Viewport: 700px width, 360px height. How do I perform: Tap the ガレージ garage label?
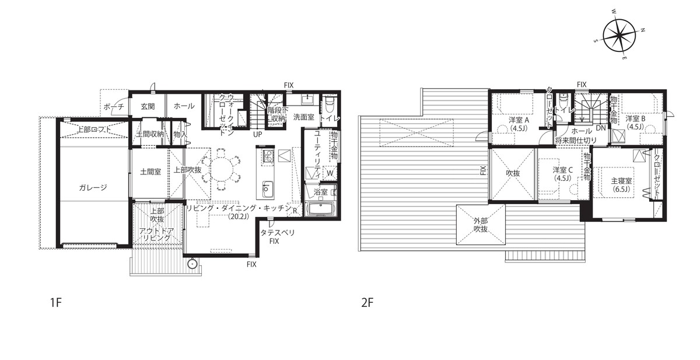click(93, 187)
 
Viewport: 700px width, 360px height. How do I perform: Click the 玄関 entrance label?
click(148, 107)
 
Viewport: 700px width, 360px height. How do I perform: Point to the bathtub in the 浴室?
click(321, 208)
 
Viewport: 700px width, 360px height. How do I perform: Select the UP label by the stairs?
click(257, 134)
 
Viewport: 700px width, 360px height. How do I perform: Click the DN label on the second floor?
click(601, 128)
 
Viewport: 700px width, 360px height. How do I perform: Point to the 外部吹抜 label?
click(480, 225)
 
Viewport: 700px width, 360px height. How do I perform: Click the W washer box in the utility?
click(330, 173)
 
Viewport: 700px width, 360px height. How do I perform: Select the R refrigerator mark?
click(295, 211)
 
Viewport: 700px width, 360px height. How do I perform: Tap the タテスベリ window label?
click(278, 233)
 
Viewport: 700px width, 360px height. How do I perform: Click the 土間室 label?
click(150, 172)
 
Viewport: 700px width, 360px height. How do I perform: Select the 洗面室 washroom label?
click(304, 117)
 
